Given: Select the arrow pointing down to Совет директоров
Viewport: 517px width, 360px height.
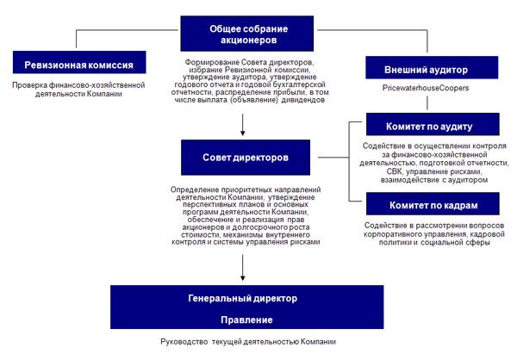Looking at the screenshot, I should [244, 129].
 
